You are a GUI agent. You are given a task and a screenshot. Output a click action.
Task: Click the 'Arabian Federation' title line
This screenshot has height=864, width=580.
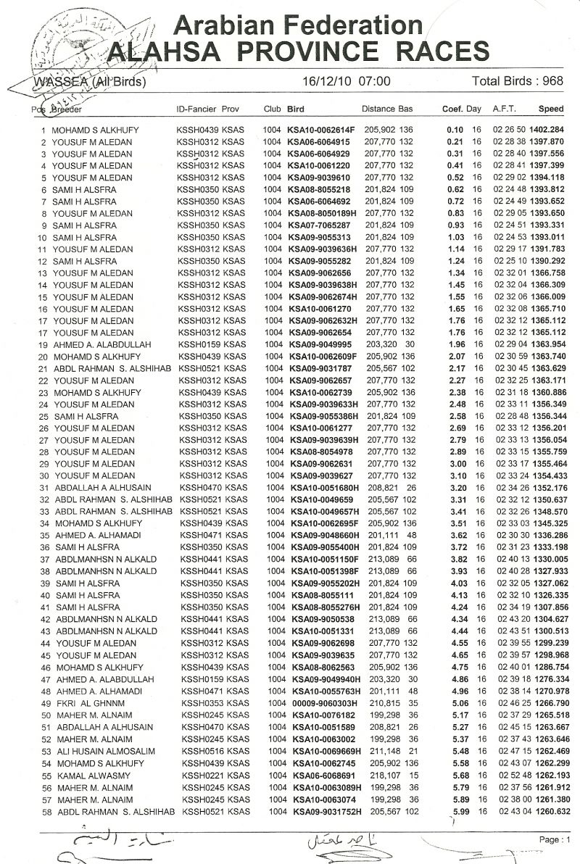coord(298,25)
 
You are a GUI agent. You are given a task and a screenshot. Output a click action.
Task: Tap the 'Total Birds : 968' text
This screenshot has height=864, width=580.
coord(517,80)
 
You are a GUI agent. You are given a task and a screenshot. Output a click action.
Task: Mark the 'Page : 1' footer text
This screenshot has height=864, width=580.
coord(554,839)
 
